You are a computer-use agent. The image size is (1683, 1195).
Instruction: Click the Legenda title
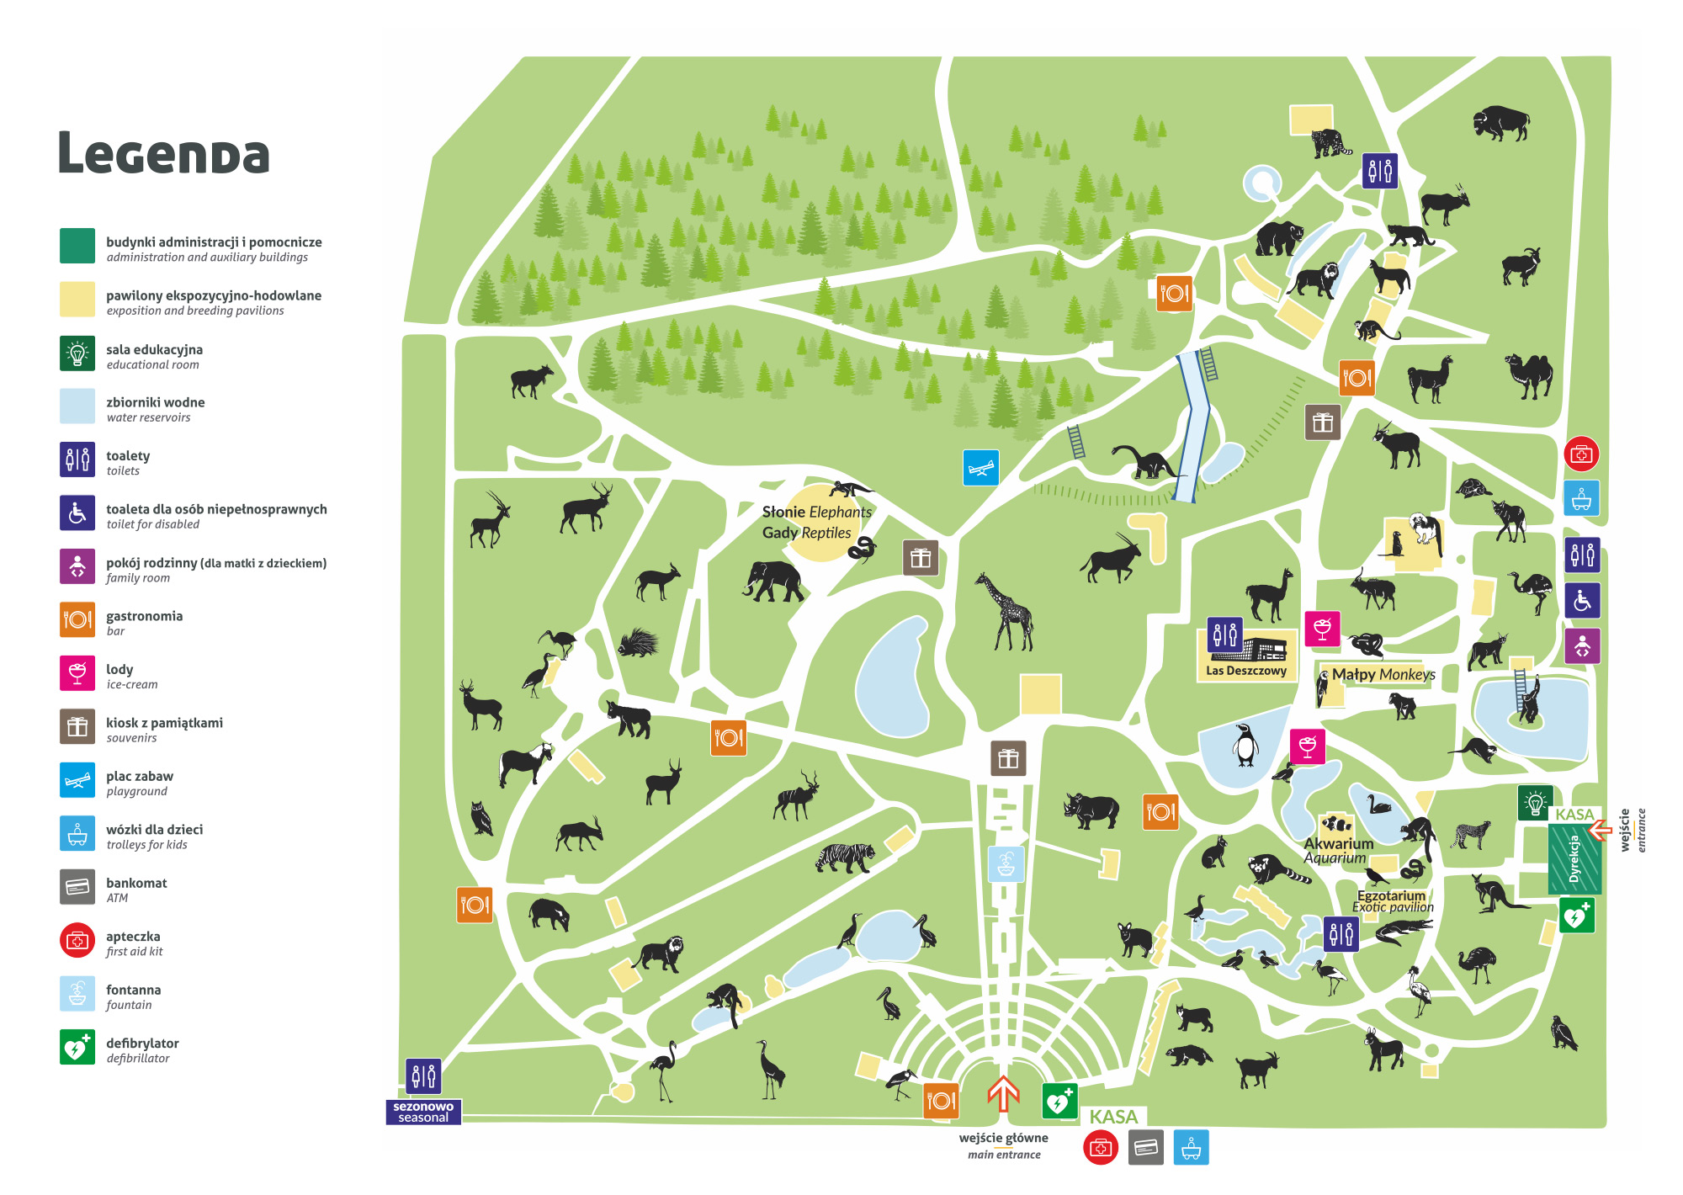click(164, 154)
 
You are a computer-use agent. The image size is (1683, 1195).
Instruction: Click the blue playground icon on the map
click(980, 468)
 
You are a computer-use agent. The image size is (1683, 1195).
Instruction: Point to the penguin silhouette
click(1245, 745)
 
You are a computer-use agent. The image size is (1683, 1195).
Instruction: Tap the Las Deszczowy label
click(1245, 671)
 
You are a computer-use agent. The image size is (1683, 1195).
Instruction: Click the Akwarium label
click(1338, 843)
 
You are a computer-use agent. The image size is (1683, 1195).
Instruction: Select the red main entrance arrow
click(1003, 1094)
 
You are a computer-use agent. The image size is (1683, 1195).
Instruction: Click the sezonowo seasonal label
click(423, 1112)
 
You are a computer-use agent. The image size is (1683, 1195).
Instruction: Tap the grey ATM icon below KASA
click(1145, 1148)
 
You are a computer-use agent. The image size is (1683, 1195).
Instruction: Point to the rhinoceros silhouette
click(1091, 810)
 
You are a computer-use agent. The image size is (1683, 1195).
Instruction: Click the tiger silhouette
click(845, 858)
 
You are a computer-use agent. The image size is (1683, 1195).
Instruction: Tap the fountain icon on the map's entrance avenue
click(1006, 863)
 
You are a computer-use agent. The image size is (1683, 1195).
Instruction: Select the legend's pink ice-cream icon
click(77, 673)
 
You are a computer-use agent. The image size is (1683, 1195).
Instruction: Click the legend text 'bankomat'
click(136, 883)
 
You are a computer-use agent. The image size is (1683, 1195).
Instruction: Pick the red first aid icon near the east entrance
click(1581, 454)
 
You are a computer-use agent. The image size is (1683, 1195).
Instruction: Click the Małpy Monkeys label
click(1383, 674)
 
